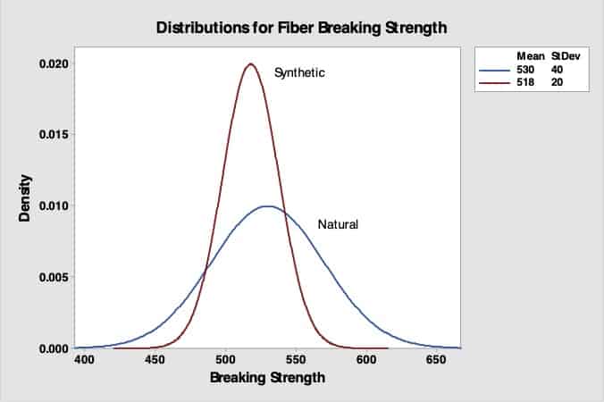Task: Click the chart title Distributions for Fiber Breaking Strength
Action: (301, 27)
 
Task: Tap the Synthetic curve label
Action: (299, 71)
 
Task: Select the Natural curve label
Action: (338, 224)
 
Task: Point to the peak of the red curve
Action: (251, 64)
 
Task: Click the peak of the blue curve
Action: (267, 206)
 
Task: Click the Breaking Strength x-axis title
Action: (267, 377)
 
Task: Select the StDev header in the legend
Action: (564, 55)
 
